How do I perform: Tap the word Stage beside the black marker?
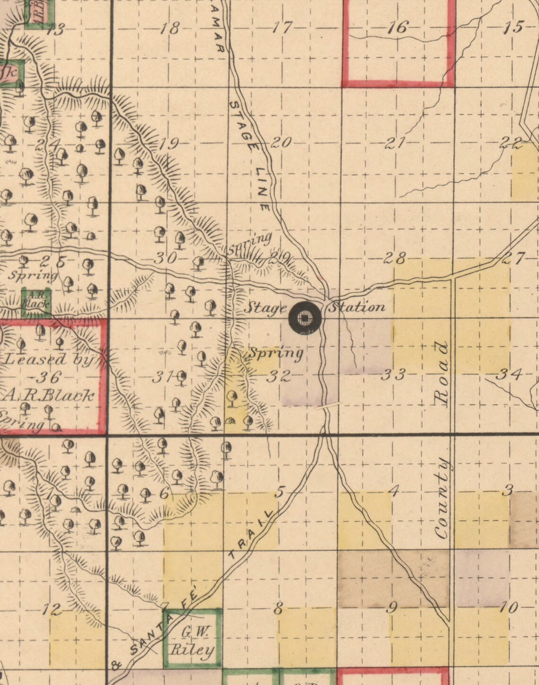[265, 308]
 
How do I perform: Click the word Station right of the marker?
[356, 307]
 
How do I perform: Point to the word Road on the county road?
[442, 373]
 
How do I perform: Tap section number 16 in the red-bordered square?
[397, 27]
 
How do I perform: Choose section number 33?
[393, 375]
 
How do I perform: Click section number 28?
[395, 258]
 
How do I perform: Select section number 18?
[170, 28]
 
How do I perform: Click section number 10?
[509, 607]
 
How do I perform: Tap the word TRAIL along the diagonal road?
[251, 535]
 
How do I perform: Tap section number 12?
[52, 609]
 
